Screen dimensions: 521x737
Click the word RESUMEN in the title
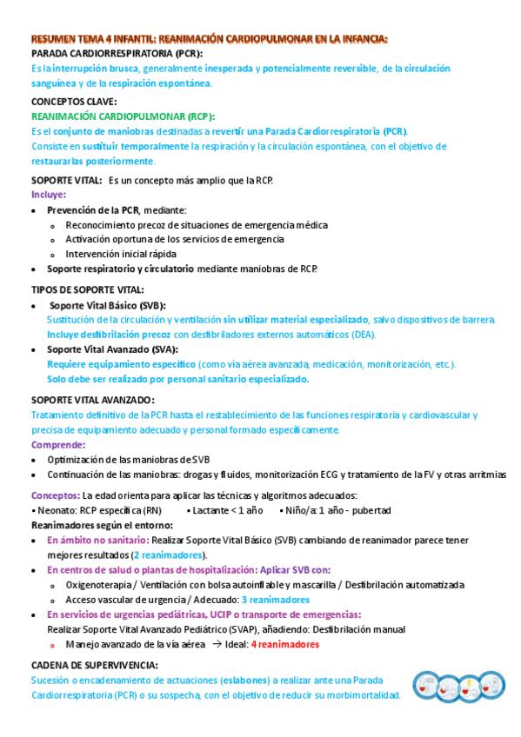click(55, 38)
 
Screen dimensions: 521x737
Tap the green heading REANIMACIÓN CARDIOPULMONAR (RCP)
click(123, 116)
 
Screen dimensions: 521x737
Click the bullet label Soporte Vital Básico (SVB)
click(107, 305)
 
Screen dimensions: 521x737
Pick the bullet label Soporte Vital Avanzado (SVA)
click(109, 349)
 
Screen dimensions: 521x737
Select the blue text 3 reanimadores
click(276, 600)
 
